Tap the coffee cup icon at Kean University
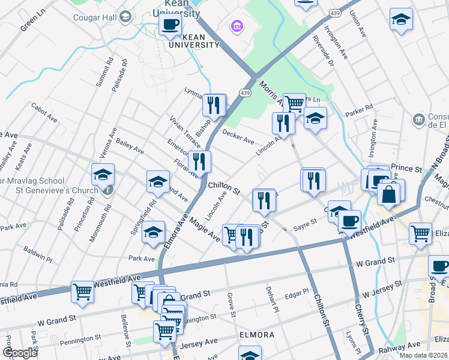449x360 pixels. point(170,25)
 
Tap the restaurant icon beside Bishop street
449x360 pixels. point(214,106)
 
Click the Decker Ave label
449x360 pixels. point(238,137)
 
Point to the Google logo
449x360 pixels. point(20,353)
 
